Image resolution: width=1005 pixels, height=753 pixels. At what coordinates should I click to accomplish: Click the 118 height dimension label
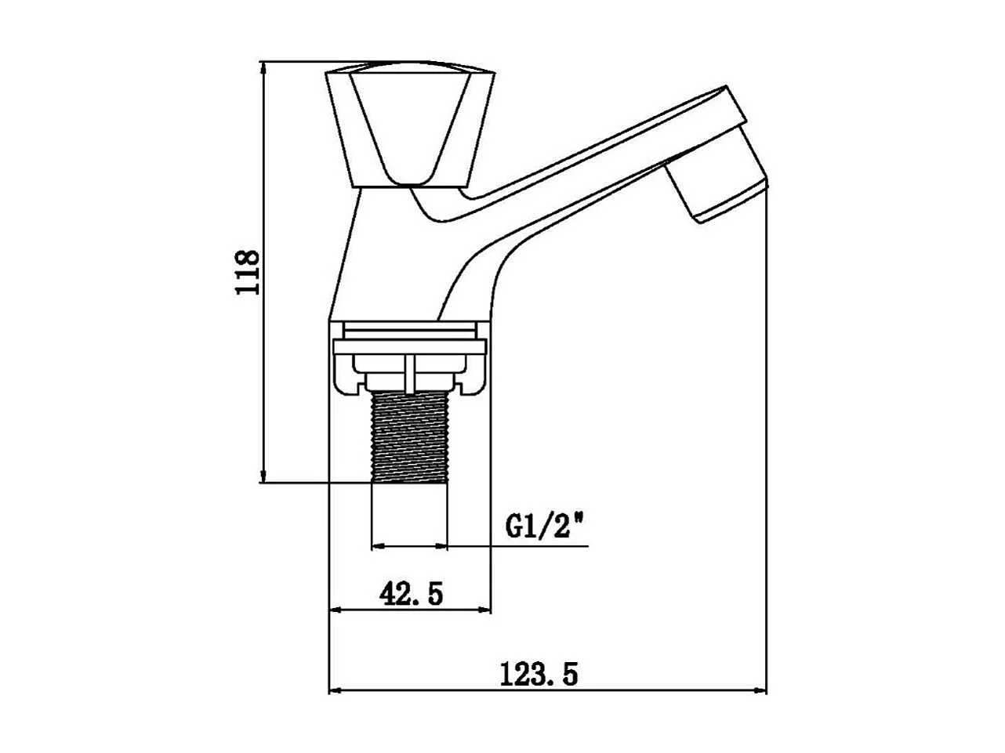tap(249, 272)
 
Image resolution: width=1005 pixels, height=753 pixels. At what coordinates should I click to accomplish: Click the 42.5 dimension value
tap(412, 594)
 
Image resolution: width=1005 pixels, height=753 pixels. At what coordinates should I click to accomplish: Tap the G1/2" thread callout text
tap(546, 525)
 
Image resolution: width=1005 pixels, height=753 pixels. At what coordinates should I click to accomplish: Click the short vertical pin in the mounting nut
tap(410, 373)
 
